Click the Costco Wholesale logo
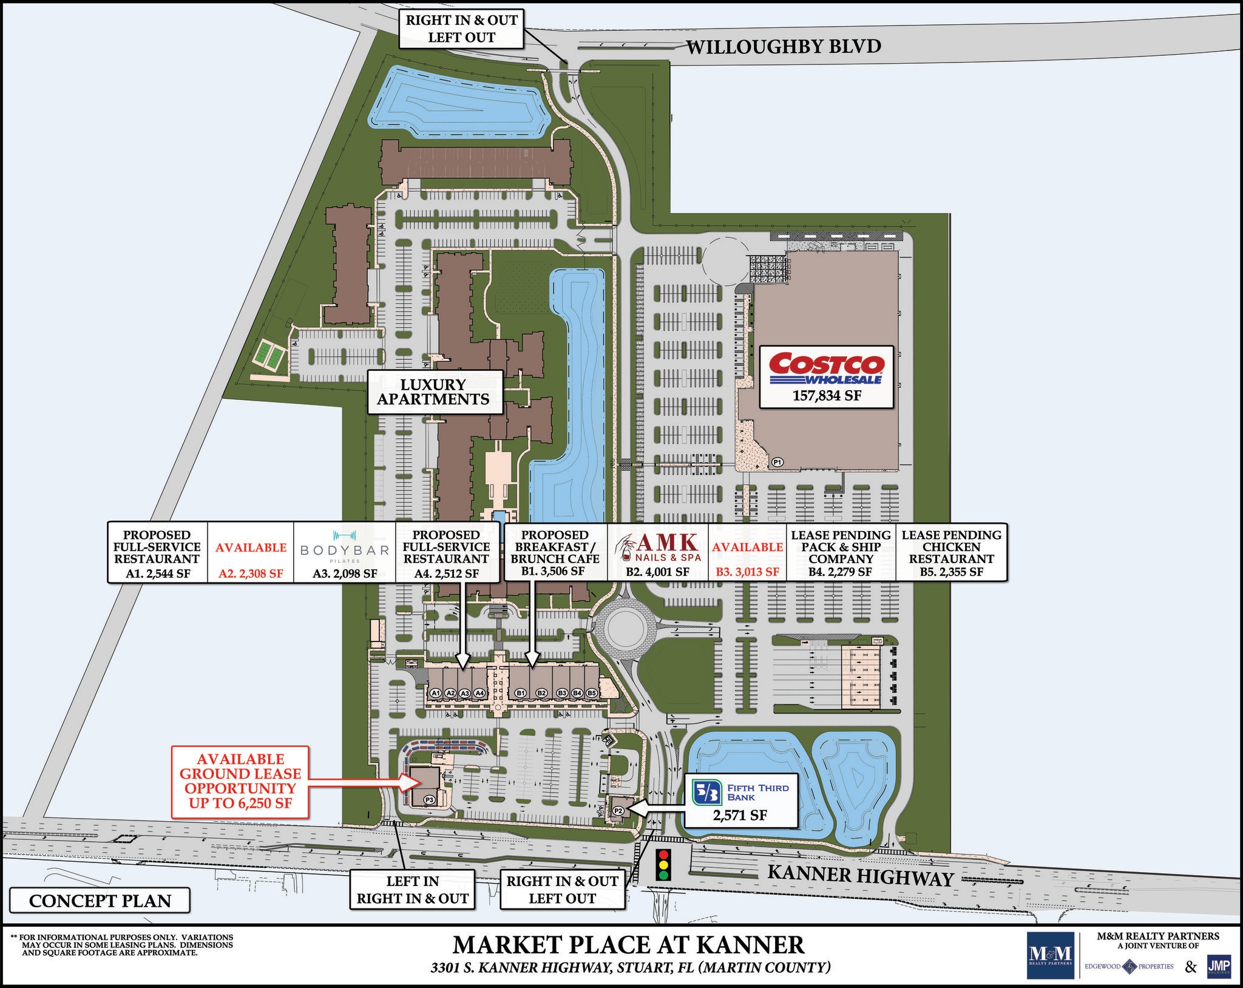pos(827,368)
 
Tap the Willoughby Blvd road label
pos(783,46)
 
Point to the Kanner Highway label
pos(860,876)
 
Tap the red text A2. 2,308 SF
pos(251,573)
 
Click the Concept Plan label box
pos(100,901)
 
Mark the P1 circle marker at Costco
pos(777,462)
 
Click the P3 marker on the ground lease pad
pos(429,800)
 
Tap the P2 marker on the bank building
pos(618,810)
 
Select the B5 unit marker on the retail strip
pos(591,692)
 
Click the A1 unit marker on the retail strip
pos(435,692)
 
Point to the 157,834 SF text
pos(827,396)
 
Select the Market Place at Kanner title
pos(629,945)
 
